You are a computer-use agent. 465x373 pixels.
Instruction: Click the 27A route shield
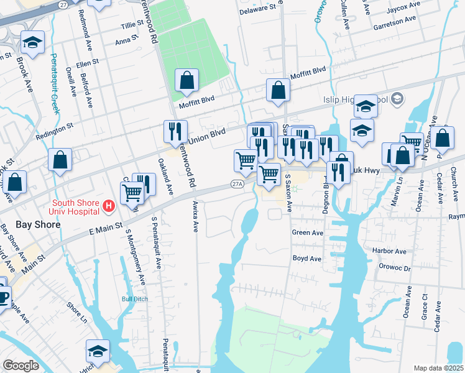(x=237, y=184)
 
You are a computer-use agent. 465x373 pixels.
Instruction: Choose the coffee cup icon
(x=3, y=297)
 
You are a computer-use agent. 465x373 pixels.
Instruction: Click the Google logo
(x=21, y=366)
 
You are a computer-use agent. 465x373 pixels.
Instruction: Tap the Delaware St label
(x=257, y=9)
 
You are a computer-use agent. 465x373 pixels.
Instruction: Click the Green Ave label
(x=308, y=233)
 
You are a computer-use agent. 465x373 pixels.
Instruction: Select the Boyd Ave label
(x=306, y=258)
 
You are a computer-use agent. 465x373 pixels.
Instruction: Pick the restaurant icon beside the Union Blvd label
(x=175, y=131)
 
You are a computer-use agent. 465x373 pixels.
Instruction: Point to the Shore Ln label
(x=76, y=308)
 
